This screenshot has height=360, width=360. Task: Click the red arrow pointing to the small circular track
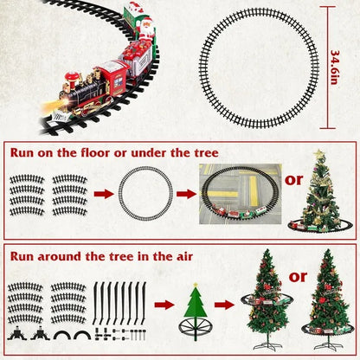pyautogui.click(x=103, y=195)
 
